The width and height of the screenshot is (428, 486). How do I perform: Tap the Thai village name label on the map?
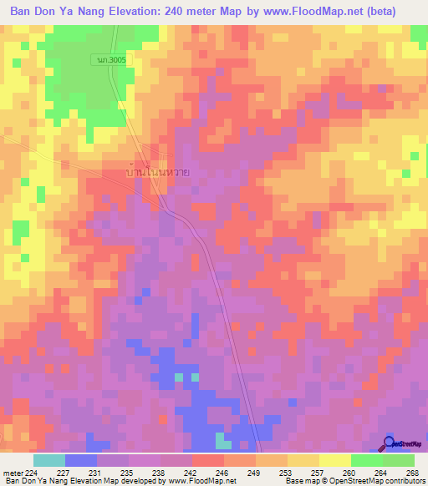click(x=156, y=173)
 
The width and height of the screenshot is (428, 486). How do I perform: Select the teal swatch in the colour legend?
click(x=48, y=460)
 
